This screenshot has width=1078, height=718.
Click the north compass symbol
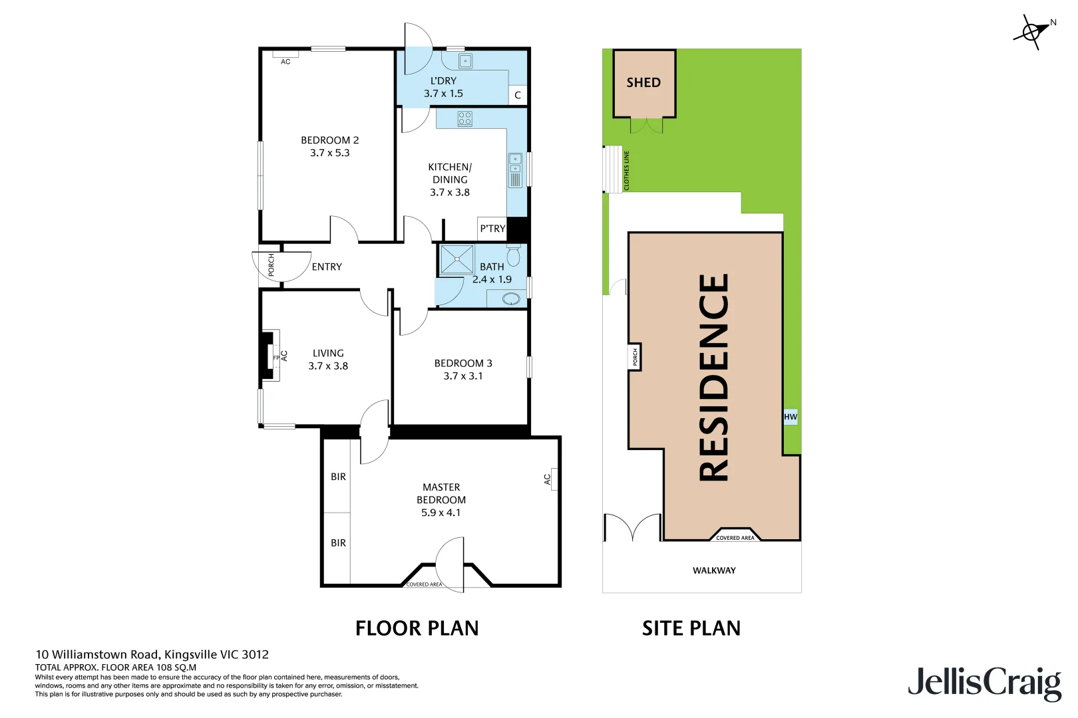[x=1032, y=31]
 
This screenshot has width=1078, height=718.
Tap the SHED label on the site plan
[x=643, y=82]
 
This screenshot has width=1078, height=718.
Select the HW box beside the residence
[x=790, y=417]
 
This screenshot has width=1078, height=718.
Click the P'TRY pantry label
[x=492, y=228]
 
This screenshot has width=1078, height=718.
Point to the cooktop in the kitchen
[x=464, y=119]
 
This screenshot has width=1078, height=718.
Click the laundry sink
[x=465, y=61]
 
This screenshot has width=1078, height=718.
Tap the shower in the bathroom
[x=457, y=260]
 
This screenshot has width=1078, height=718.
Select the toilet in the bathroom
[x=514, y=256]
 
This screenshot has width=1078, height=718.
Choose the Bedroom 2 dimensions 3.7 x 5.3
[x=329, y=153]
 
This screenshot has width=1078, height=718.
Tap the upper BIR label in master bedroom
[x=338, y=477]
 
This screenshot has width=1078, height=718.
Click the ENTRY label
[x=327, y=267]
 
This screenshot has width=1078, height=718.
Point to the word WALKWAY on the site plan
[x=714, y=570]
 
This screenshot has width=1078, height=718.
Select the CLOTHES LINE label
[x=626, y=171]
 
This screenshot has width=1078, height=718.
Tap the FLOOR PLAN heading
[x=417, y=628]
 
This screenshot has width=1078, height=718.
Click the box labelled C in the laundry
[x=518, y=95]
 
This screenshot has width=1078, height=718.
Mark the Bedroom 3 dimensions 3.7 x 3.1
[x=463, y=376]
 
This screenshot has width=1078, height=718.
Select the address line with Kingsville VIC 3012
[x=152, y=655]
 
